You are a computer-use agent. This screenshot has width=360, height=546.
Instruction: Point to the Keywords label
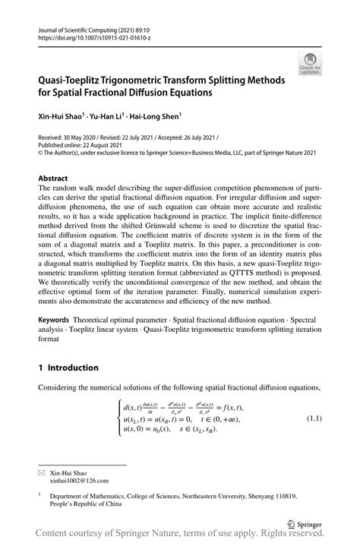[x=58, y=321]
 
